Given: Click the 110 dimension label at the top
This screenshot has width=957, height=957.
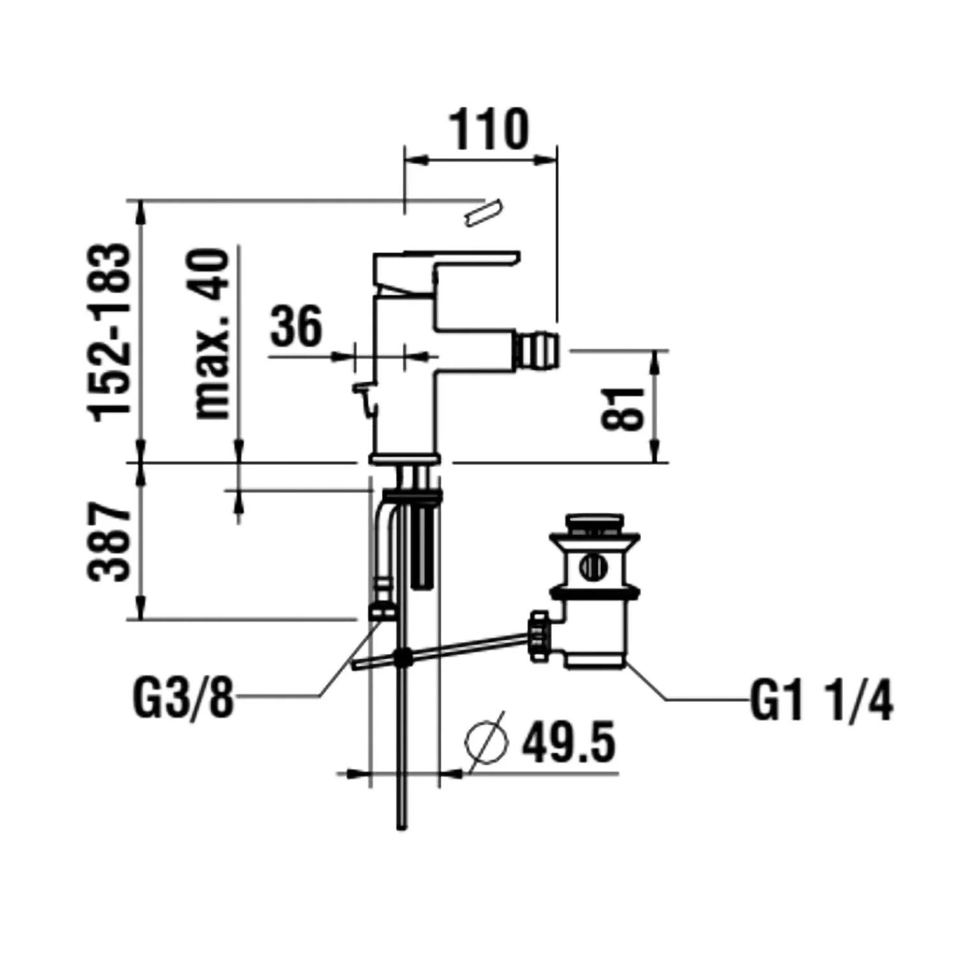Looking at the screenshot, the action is (x=490, y=130).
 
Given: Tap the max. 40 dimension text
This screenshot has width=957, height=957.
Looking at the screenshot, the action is (x=211, y=334).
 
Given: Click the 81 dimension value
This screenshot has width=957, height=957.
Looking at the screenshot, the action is (x=623, y=409).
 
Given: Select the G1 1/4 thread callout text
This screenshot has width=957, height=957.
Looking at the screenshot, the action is (x=821, y=701).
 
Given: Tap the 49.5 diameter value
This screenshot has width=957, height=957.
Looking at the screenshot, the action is (x=568, y=743).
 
